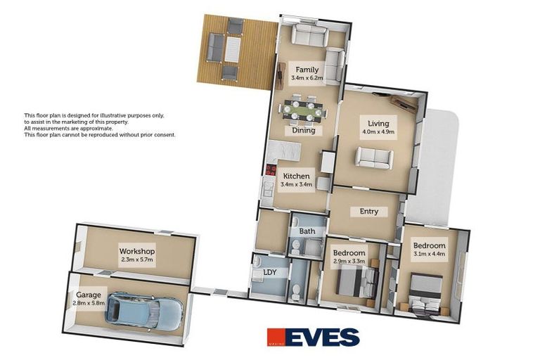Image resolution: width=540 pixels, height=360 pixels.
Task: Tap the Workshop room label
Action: [x=136, y=251]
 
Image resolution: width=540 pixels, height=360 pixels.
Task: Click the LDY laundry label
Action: [x=269, y=272]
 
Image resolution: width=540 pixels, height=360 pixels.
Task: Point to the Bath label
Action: [x=307, y=231]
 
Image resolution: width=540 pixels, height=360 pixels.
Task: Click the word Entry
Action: [x=368, y=211]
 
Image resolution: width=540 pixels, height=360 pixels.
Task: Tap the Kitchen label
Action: [x=296, y=176]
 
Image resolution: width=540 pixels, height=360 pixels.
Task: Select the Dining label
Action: [x=304, y=130]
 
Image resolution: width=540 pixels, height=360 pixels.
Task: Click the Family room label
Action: [x=307, y=70]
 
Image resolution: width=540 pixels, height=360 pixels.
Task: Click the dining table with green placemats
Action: [x=302, y=110]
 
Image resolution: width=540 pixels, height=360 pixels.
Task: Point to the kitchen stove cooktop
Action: [x=271, y=169]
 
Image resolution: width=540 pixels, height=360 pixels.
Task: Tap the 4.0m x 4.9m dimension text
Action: [x=378, y=131]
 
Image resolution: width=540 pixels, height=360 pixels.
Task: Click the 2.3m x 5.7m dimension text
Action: [x=136, y=259]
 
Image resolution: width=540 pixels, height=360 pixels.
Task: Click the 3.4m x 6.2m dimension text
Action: [x=307, y=78]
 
